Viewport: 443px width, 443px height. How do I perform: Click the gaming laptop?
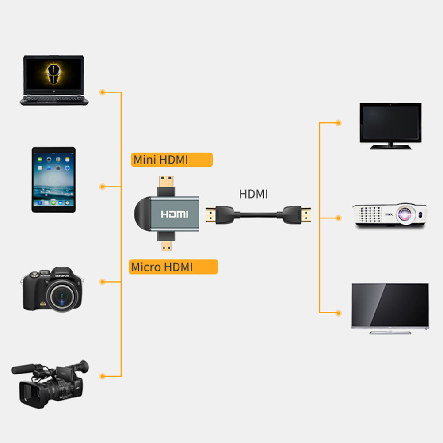(54, 80)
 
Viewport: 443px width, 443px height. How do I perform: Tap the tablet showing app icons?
(53, 179)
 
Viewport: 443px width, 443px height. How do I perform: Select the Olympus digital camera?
(53, 289)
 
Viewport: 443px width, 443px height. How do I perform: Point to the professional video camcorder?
(50, 384)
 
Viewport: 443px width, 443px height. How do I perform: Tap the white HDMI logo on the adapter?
(175, 214)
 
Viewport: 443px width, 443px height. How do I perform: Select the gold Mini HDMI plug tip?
(166, 181)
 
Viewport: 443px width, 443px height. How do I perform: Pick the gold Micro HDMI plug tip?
(166, 246)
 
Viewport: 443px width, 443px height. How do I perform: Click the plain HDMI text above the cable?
(253, 194)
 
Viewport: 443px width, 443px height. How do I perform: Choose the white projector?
(390, 215)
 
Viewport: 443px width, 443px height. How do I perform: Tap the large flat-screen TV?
(390, 309)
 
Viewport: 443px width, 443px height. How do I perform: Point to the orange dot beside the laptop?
(103, 92)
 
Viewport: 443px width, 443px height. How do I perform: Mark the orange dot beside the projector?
(339, 218)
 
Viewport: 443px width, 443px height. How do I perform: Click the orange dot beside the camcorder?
(103, 376)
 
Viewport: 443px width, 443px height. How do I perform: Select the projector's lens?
(405, 214)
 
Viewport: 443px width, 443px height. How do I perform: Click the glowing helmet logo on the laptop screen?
(53, 74)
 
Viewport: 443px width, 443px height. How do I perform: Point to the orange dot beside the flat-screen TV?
(339, 313)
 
